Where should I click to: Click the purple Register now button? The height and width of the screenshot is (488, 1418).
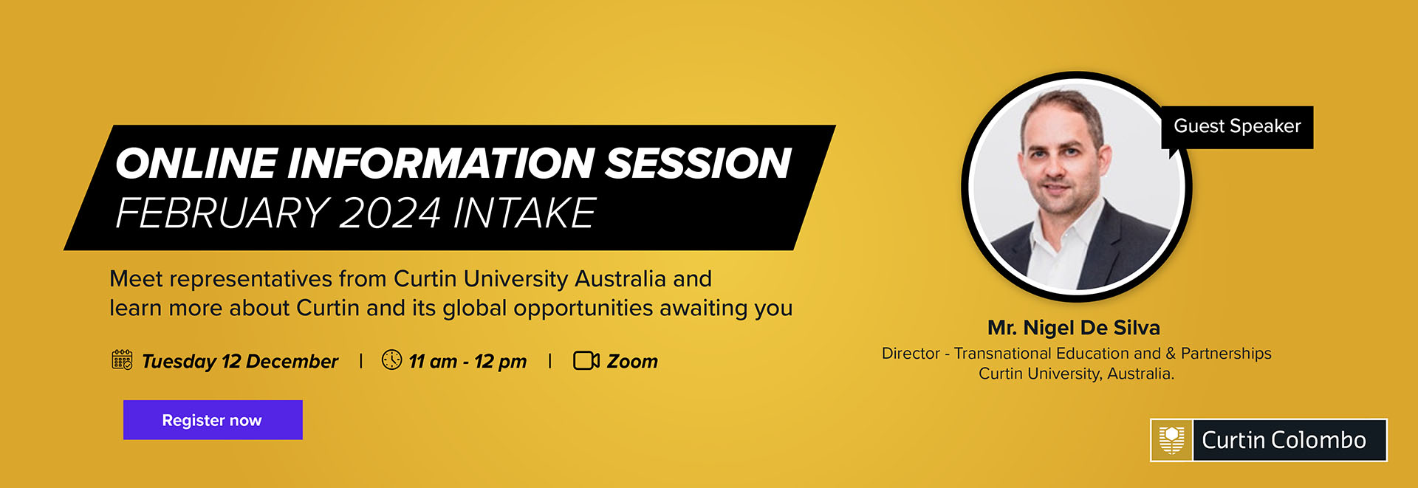(x=213, y=420)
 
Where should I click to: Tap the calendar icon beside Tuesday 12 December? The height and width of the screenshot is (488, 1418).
(x=122, y=360)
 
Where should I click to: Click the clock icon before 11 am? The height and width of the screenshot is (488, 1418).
(x=391, y=360)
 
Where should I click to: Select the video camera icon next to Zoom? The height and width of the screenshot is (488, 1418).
(x=586, y=360)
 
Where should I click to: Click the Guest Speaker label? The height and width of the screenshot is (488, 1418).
(x=1237, y=126)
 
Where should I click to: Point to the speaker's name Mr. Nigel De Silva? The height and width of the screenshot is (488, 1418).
(x=1074, y=328)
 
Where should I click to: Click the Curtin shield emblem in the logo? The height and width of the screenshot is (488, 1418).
(x=1171, y=440)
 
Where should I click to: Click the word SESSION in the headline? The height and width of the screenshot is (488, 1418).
(x=698, y=163)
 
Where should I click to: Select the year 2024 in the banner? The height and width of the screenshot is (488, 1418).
(x=390, y=213)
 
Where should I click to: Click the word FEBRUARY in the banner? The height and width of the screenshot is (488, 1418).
(x=222, y=213)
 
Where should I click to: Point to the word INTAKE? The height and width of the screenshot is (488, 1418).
(x=524, y=213)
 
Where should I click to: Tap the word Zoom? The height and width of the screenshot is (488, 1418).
(x=632, y=361)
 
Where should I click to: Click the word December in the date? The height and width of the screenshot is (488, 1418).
(x=292, y=361)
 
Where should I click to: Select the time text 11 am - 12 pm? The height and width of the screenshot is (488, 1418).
(x=467, y=361)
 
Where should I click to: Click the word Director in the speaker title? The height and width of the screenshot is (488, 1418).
(x=911, y=354)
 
